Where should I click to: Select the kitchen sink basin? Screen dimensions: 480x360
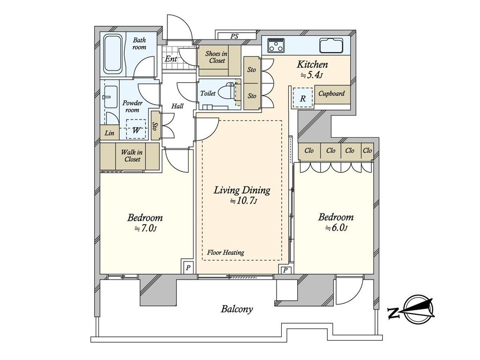click(332, 45)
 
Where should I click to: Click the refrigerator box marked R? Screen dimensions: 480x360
click(303, 97)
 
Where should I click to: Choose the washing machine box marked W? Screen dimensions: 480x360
click(136, 129)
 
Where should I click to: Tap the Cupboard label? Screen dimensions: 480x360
click(331, 94)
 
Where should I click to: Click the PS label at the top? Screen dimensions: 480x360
click(234, 37)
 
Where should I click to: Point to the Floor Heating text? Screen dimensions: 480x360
click(225, 253)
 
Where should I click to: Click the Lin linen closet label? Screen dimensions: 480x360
click(109, 133)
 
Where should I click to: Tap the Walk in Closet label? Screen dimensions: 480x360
click(132, 156)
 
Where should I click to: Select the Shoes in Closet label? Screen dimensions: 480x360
click(217, 57)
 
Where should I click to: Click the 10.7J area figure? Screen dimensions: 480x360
click(244, 201)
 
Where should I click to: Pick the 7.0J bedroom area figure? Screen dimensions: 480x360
click(146, 229)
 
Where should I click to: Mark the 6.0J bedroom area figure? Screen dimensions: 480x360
click(336, 228)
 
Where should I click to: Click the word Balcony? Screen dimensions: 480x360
click(237, 309)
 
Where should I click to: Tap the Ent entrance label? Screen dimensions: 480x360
click(171, 59)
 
